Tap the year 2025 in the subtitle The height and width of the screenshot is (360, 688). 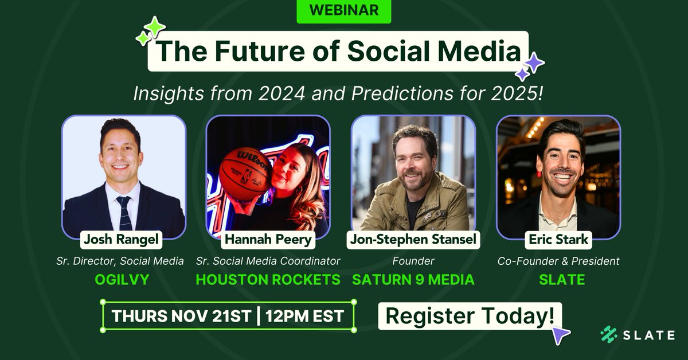click(513, 93)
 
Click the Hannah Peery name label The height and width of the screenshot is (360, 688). click(268, 240)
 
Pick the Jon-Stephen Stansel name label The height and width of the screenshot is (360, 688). click(413, 240)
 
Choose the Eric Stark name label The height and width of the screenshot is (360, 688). click(558, 240)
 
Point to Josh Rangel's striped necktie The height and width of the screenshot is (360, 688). click(124, 212)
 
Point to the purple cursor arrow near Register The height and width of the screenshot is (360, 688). click(562, 336)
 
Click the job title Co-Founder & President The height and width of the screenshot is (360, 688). click(558, 261)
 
